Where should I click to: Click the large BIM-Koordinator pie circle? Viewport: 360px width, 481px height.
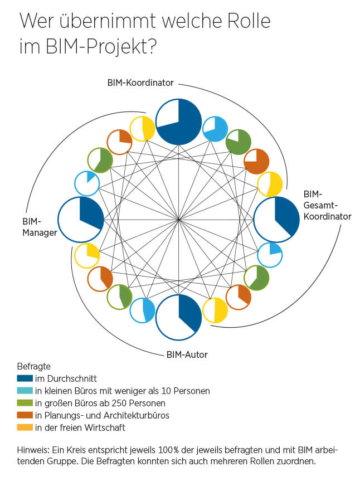[x=178, y=122]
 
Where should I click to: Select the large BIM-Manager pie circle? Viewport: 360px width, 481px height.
[x=80, y=219]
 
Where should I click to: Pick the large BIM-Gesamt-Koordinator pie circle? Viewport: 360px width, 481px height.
[x=276, y=219]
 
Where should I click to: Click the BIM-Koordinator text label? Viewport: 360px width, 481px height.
[x=140, y=82]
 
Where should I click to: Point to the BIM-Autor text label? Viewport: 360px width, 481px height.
[x=187, y=354]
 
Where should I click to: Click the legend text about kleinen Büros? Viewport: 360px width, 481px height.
[x=122, y=391]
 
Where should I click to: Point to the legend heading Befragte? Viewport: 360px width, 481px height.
[x=34, y=367]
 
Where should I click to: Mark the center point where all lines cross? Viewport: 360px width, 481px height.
[x=178, y=220]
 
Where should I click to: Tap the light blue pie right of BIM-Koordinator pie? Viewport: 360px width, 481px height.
[x=215, y=129]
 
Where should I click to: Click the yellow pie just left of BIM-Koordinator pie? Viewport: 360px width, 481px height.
[x=142, y=129]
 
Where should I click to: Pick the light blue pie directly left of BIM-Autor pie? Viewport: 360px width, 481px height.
[x=142, y=310]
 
